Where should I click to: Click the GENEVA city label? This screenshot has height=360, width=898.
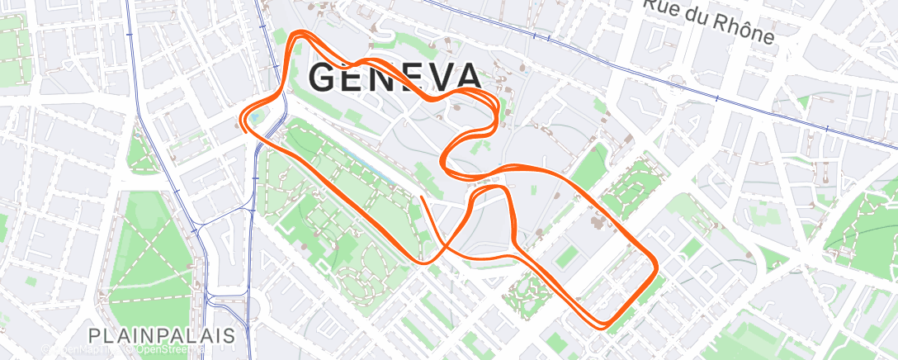(x=395, y=78)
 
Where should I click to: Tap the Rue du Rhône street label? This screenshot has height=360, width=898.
(x=709, y=21)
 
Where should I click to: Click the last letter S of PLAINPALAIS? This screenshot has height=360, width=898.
(x=229, y=336)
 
